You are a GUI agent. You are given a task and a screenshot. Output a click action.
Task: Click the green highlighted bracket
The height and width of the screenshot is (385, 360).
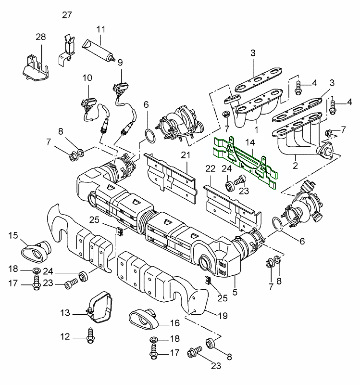[x=245, y=161]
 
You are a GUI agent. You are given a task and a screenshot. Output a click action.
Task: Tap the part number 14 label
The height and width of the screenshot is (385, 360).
[x=250, y=142]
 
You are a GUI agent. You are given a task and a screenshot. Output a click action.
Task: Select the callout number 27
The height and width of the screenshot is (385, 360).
[x=66, y=14]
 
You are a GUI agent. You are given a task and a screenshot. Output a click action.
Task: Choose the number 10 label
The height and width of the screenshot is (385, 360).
[x=87, y=77]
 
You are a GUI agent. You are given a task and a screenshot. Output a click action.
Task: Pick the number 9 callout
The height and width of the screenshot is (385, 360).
[x=120, y=62]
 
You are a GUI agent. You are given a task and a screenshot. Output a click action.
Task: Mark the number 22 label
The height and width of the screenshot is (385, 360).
[x=210, y=168]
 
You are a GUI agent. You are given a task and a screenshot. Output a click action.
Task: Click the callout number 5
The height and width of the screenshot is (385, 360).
[x=235, y=291]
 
